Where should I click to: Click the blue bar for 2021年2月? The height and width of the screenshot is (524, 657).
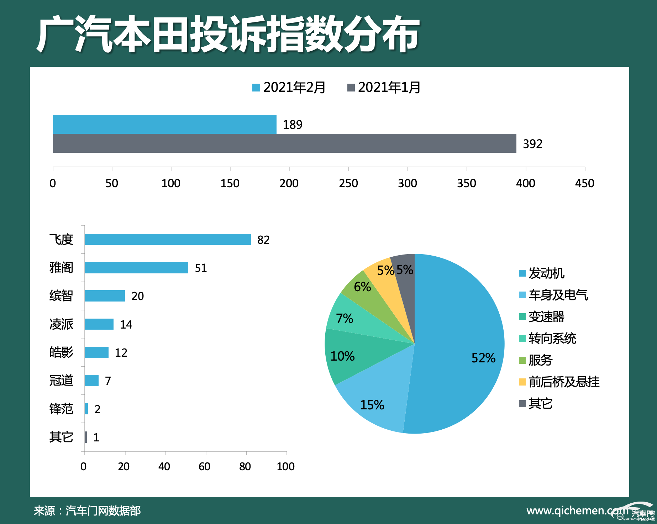tap(164, 124)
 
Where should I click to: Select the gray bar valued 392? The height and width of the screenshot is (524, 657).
tap(284, 143)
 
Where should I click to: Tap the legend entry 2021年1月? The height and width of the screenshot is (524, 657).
tap(384, 88)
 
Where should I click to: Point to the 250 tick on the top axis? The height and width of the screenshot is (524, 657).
tap(348, 183)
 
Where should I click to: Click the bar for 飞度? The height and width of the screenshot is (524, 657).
tap(168, 240)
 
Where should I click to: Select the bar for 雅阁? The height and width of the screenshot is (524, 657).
tap(136, 268)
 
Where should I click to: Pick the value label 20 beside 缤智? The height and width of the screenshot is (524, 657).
tap(137, 296)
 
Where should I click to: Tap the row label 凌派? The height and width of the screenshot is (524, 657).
tap(61, 324)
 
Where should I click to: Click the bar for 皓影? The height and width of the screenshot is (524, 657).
tap(96, 352)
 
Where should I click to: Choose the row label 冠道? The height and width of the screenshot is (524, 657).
tap(61, 381)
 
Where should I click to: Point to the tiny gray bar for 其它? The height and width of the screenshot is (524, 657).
tap(86, 437)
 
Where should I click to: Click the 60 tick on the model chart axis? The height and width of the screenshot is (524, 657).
tap(205, 466)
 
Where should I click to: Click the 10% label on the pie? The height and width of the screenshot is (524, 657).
tap(342, 356)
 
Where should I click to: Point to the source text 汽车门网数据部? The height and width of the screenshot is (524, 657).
tap(103, 511)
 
